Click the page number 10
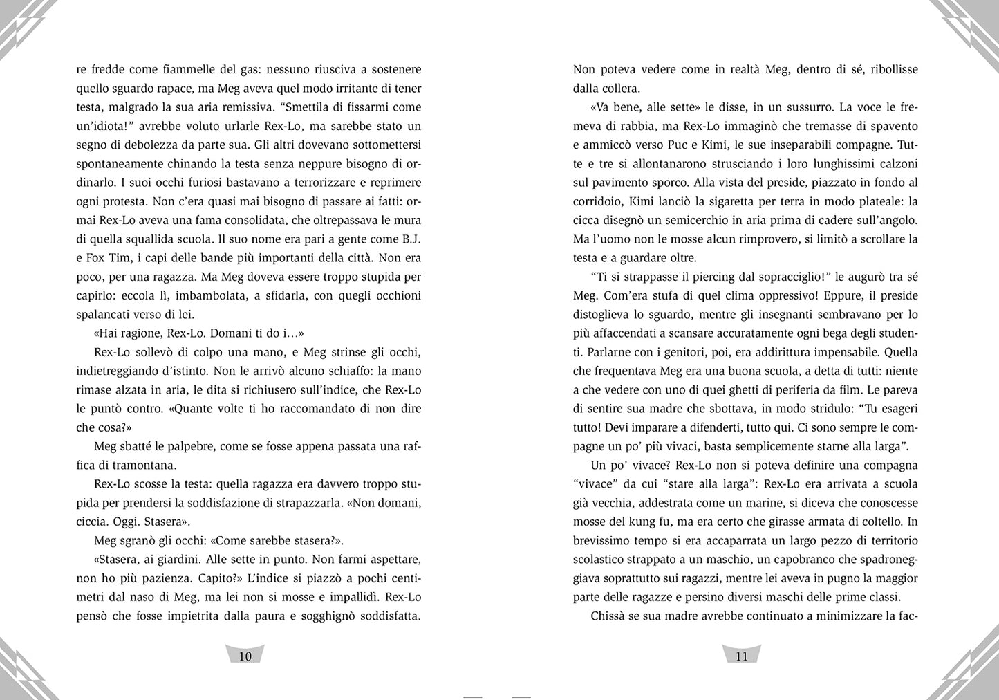(x=245, y=656)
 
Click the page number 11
(x=742, y=656)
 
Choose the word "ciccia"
(x=93, y=522)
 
